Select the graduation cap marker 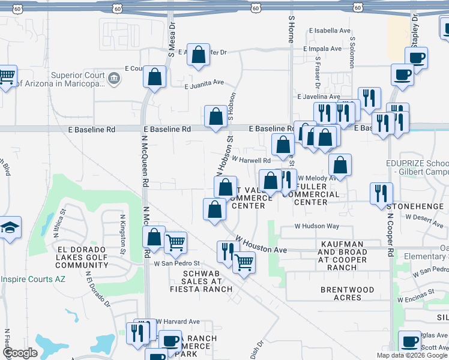point(10,227)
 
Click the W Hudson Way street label point(316,226)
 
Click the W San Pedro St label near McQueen point(176,263)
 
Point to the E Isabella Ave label point(330,31)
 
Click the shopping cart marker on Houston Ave point(244,262)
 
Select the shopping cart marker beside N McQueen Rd point(175,242)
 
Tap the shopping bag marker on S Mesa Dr point(155,77)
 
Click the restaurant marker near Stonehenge point(381,193)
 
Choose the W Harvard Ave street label point(178,322)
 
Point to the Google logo point(19,353)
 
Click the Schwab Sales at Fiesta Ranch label point(199,281)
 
